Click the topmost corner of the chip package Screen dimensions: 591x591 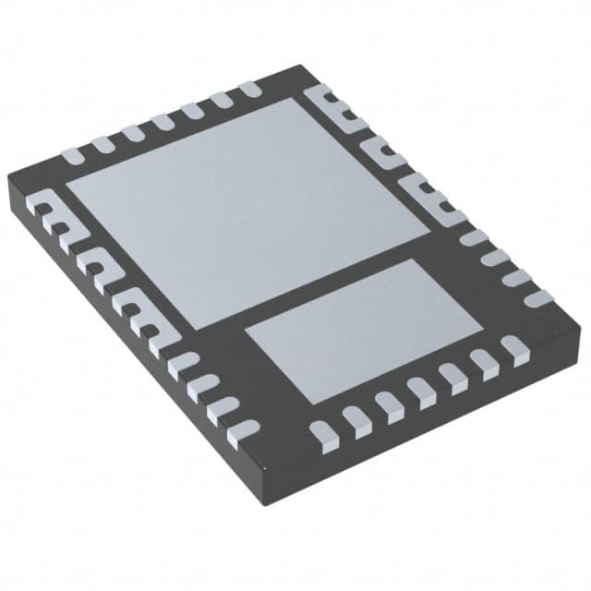pos(302,66)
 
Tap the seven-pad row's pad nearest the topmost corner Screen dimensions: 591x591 pos(248,91)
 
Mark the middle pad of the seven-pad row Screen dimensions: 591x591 pos(163,120)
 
